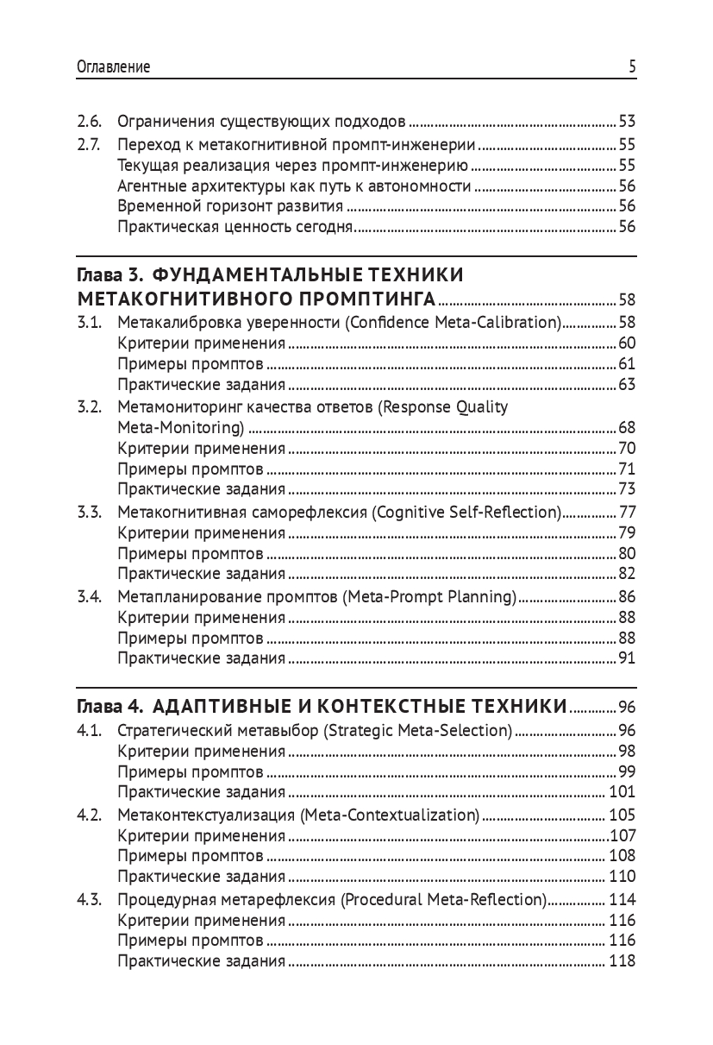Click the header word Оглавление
[x=114, y=67]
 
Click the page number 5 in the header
[x=632, y=67]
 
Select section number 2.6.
[x=89, y=121]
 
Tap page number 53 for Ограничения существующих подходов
[x=627, y=121]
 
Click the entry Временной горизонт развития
[x=231, y=205]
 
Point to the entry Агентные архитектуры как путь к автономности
[x=294, y=185]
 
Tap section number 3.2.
[x=90, y=407]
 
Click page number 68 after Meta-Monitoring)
[x=627, y=428]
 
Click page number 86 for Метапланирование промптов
[x=627, y=596]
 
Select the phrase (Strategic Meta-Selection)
[x=418, y=730]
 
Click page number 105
[x=622, y=815]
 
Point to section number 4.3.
[x=90, y=899]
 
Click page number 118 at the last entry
[x=622, y=961]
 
